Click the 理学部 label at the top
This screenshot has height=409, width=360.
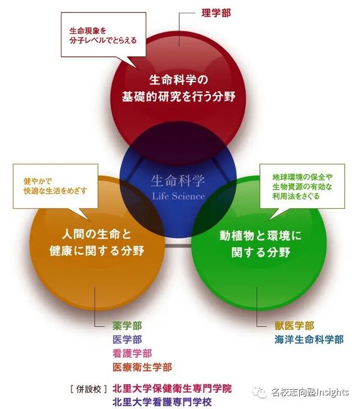pyautogui.click(x=216, y=12)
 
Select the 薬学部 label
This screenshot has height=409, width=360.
pyautogui.click(x=127, y=326)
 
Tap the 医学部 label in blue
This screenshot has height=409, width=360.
pyautogui.click(x=127, y=339)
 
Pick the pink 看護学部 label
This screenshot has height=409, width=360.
pyautogui.click(x=132, y=353)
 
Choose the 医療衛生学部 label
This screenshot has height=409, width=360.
pyautogui.click(x=142, y=367)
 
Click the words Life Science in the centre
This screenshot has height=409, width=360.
pyautogui.click(x=178, y=196)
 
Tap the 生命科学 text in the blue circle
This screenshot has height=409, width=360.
pyautogui.click(x=178, y=181)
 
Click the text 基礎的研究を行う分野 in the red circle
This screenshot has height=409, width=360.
pyautogui.click(x=178, y=96)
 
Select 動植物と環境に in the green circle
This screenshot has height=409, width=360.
pyautogui.click(x=260, y=236)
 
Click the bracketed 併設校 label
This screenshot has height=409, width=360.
pyautogui.click(x=88, y=388)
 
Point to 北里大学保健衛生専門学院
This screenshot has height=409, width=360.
pyautogui.click(x=172, y=388)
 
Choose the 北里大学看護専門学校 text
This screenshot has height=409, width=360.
pyautogui.click(x=162, y=402)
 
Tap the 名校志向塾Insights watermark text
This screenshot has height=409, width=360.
pyautogui.click(x=309, y=392)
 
